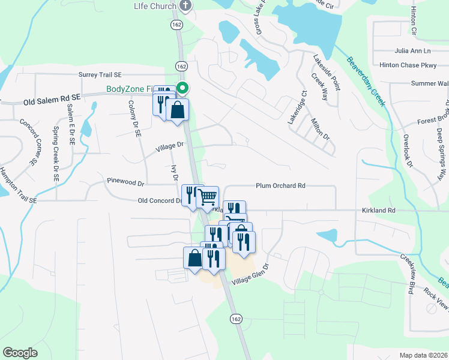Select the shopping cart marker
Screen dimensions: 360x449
click(x=207, y=197)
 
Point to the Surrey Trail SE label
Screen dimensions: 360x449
click(x=100, y=75)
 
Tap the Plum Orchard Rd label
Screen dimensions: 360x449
click(x=280, y=186)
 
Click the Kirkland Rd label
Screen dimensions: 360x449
click(x=378, y=211)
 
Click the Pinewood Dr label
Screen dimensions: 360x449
click(x=125, y=181)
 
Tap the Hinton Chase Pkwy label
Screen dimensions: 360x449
click(x=408, y=65)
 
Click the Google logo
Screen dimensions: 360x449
click(x=20, y=352)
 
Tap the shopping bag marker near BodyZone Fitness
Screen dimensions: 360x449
click(x=178, y=110)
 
